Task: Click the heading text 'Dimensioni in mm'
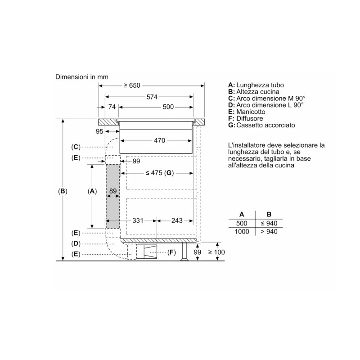(82, 77)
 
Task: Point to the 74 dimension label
(112, 107)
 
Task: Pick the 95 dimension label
(99, 131)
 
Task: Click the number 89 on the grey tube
(112, 191)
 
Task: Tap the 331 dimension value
(138, 220)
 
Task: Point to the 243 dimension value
(177, 220)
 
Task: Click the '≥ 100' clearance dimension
(216, 252)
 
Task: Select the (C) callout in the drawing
(76, 147)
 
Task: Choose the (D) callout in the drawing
(76, 243)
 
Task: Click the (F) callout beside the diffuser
(171, 252)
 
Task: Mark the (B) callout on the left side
(63, 191)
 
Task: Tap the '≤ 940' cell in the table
(269, 224)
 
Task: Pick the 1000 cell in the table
(242, 232)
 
